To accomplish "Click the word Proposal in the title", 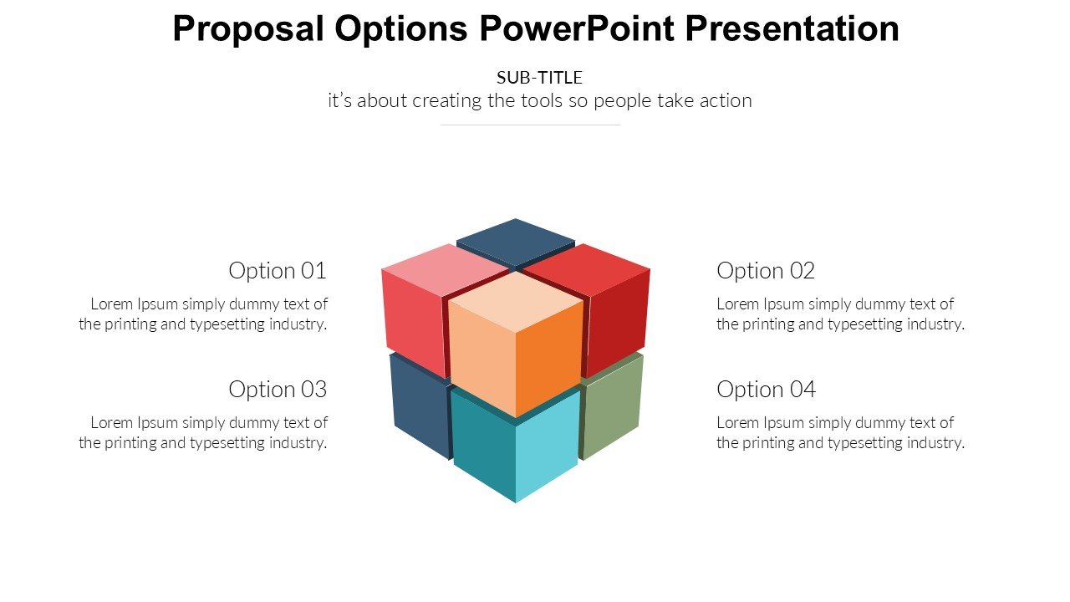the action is (248, 29).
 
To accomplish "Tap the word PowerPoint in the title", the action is (577, 28).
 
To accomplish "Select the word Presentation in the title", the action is (792, 28).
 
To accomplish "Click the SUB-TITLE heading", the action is (539, 78).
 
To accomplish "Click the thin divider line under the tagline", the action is (530, 125).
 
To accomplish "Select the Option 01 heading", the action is (278, 271).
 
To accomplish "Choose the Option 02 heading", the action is (766, 271).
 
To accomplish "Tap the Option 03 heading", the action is (278, 390).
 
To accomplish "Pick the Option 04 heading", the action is (767, 390).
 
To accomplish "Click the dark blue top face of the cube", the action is (516, 242).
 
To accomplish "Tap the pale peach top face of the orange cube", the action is (516, 301).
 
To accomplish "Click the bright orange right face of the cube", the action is (549, 360).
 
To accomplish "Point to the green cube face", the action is (611, 406).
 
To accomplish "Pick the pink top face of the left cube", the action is (444, 270).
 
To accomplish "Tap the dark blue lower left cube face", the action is (420, 406).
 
